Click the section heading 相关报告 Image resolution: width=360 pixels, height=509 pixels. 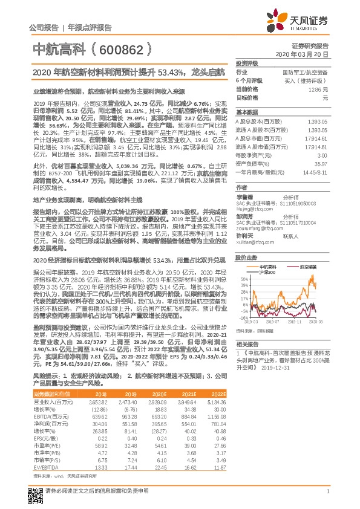click(x=247, y=343)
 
